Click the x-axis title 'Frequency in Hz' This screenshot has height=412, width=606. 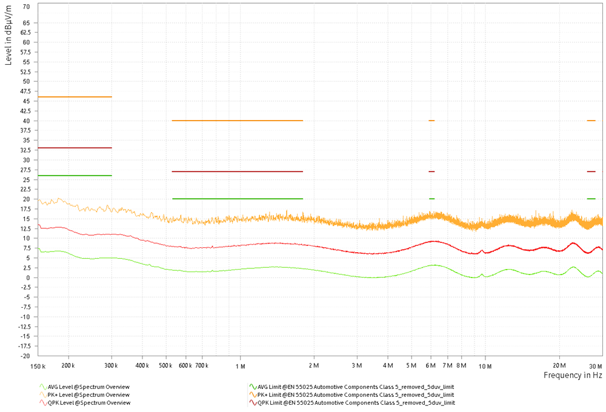pyautogui.click(x=573, y=376)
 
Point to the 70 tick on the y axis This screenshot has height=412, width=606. pyautogui.click(x=26, y=6)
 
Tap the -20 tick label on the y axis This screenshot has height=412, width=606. pyautogui.click(x=25, y=356)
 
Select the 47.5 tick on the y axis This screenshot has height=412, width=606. pyautogui.click(x=25, y=91)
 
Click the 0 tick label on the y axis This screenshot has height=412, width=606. pyautogui.click(x=28, y=277)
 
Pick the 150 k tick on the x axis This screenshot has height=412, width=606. pyautogui.click(x=38, y=366)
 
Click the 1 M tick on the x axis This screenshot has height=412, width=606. pyautogui.click(x=240, y=366)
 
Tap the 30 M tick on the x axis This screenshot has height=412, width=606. pyautogui.click(x=596, y=366)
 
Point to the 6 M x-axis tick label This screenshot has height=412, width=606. pyautogui.click(x=431, y=366)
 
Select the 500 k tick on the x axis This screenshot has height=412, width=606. pyautogui.click(x=166, y=366)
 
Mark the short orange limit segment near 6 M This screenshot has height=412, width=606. pyautogui.click(x=431, y=121)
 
